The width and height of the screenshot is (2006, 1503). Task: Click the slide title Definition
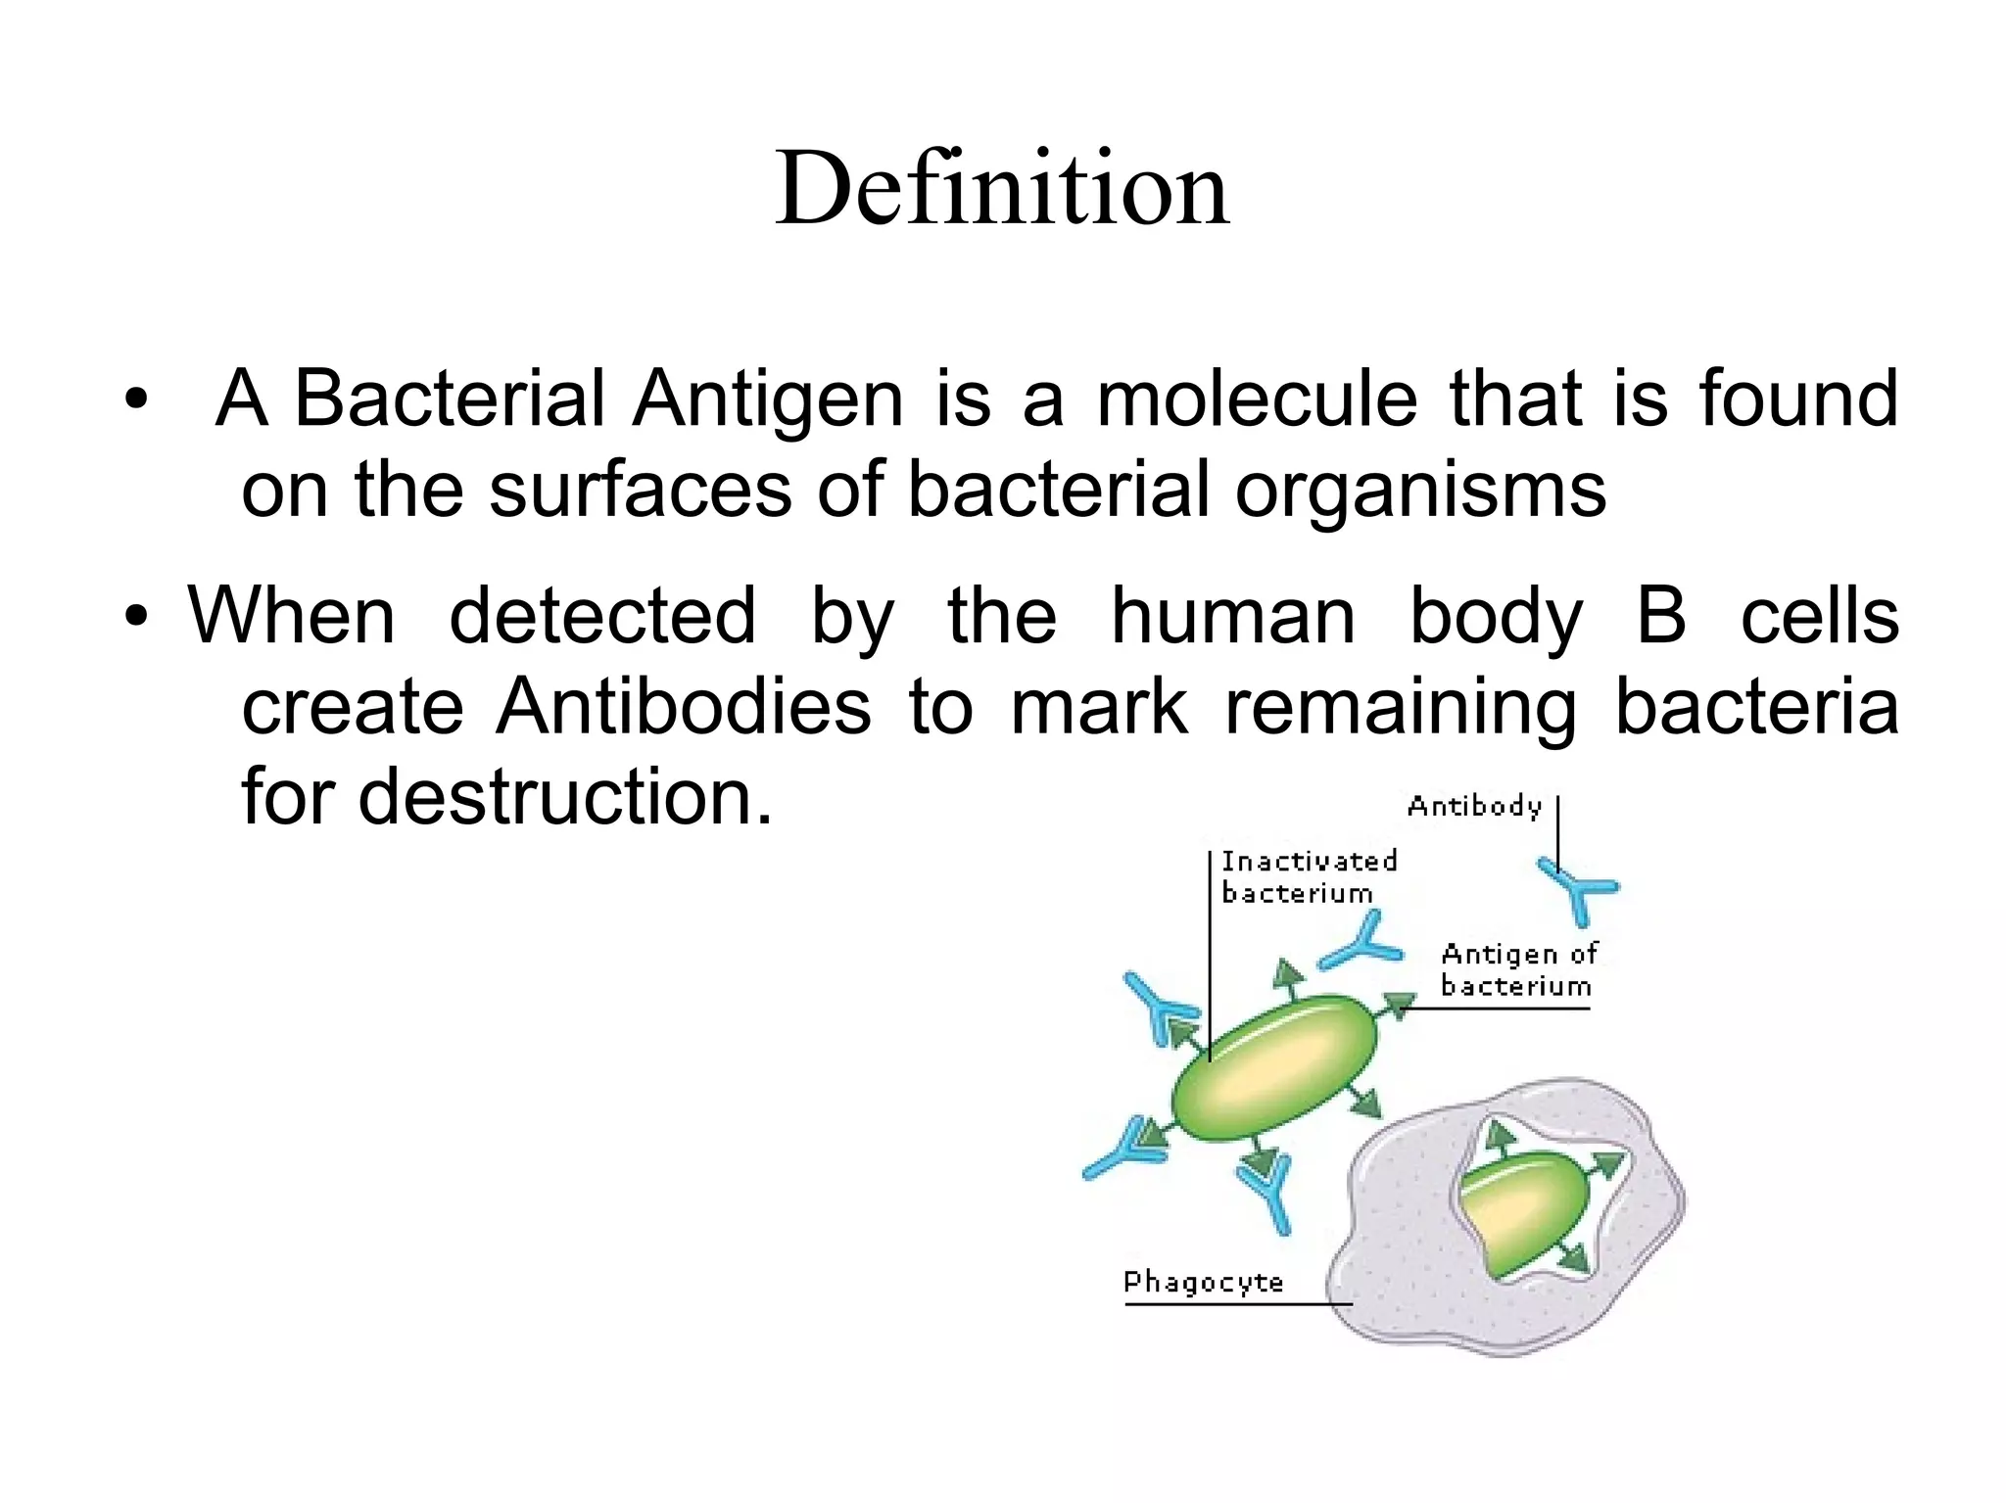click(x=1001, y=188)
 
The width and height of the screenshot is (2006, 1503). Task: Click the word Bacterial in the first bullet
click(x=449, y=399)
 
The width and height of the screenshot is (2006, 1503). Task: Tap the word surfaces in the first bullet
click(x=640, y=489)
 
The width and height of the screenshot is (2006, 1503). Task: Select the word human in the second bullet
click(x=1232, y=617)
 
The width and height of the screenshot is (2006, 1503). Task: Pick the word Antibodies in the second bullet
click(x=683, y=707)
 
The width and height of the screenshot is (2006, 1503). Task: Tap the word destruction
click(x=564, y=797)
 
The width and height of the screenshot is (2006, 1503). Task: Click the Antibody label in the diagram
click(x=1474, y=807)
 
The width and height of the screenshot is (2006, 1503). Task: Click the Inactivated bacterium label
click(x=1309, y=876)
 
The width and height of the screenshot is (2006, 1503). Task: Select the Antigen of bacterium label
click(x=1517, y=969)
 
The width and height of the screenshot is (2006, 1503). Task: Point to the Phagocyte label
click(x=1203, y=1282)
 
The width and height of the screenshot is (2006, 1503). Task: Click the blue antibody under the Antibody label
click(x=1577, y=889)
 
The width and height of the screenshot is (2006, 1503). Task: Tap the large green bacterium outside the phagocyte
click(x=1273, y=1068)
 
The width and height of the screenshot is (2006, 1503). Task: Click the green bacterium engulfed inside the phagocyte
click(x=1523, y=1212)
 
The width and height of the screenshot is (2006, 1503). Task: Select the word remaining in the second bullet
click(x=1400, y=709)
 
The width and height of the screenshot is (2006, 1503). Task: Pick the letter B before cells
click(x=1661, y=617)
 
